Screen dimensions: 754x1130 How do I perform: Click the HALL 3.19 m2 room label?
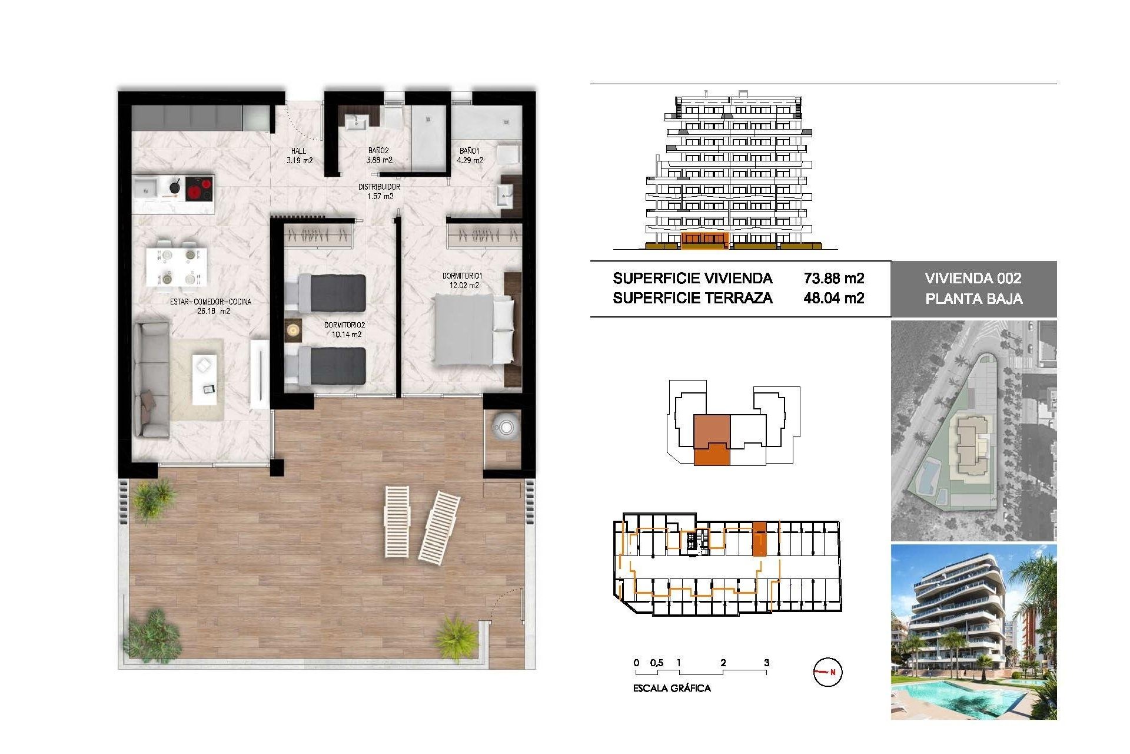click(299, 156)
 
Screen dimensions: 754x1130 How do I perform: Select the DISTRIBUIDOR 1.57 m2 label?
click(380, 191)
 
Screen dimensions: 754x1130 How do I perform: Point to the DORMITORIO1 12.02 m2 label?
click(463, 280)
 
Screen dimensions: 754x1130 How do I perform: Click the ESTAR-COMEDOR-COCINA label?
click(211, 306)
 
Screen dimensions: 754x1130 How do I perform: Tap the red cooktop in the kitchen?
click(200, 190)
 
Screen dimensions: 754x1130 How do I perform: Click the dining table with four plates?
click(177, 267)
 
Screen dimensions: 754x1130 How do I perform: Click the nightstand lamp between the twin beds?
click(293, 330)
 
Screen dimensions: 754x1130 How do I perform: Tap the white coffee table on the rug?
click(204, 379)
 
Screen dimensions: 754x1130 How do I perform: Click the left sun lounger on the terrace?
click(397, 521)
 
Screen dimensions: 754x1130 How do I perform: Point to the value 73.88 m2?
click(834, 278)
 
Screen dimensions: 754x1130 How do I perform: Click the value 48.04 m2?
click(834, 298)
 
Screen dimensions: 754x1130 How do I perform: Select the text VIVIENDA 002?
click(973, 278)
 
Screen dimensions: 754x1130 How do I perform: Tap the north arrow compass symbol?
click(827, 672)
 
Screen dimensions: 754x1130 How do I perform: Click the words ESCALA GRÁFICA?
click(672, 688)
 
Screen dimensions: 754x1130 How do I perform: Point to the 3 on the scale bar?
click(766, 663)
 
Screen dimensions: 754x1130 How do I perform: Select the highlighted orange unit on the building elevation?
click(704, 239)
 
